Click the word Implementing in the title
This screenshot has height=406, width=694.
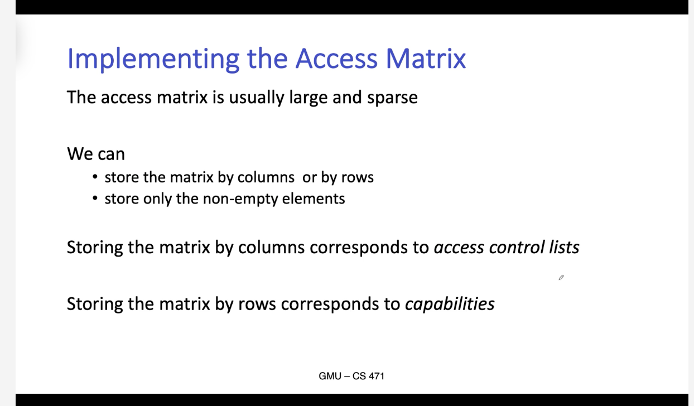153,59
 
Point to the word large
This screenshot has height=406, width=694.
309,98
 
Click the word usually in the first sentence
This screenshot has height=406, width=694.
257,98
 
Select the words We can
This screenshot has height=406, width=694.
96,154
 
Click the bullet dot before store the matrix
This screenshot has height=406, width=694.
95,177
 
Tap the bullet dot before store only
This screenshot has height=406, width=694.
95,198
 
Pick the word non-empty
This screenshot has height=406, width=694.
240,199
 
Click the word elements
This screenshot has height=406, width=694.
314,199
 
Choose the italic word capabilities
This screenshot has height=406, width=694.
450,304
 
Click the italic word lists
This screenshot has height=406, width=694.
564,248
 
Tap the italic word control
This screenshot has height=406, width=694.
517,248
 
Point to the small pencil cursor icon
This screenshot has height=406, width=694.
561,278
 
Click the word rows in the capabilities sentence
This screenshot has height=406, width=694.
257,304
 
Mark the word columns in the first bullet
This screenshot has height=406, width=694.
266,177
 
